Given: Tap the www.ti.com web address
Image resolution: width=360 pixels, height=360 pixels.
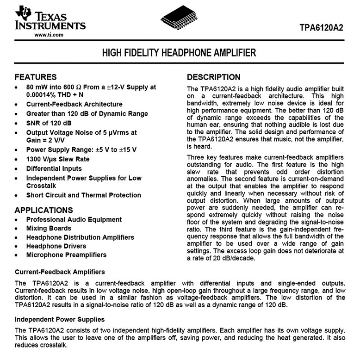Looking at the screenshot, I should click(x=49, y=35).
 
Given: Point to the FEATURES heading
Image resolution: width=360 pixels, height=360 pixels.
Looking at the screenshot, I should click(x=36, y=77).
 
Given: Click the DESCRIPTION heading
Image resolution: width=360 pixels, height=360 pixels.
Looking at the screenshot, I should click(x=213, y=77).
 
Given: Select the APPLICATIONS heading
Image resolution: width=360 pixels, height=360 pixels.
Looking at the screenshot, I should click(x=43, y=210).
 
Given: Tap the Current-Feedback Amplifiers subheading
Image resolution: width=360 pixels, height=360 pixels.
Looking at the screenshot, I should click(x=60, y=272).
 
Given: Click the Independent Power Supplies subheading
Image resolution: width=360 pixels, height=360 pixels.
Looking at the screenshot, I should click(x=60, y=319).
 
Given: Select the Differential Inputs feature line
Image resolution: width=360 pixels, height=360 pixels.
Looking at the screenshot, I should click(x=54, y=168).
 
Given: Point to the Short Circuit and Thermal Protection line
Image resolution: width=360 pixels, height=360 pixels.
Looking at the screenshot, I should click(x=83, y=195).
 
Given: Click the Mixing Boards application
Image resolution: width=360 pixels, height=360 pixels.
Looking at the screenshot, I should click(x=49, y=228).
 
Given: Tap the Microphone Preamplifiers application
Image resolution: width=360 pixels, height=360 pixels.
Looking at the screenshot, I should click(x=66, y=255).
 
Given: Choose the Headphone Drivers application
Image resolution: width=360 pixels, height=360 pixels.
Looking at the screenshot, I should click(x=56, y=246).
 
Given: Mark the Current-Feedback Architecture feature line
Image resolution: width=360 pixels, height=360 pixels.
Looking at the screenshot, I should click(x=74, y=104).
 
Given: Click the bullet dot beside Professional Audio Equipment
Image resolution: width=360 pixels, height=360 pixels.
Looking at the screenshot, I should click(x=17, y=220).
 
